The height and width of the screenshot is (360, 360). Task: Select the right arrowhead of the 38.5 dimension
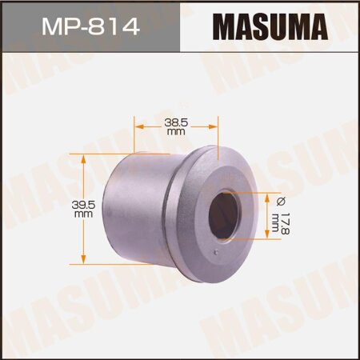click(214, 126)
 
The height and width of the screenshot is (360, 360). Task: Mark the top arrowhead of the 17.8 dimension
click(266, 195)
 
